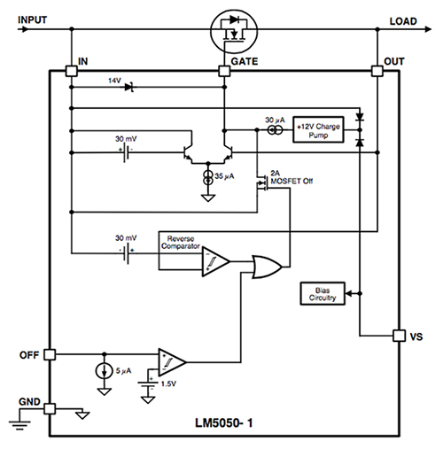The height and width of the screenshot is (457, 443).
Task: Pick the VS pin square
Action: [x=398, y=336]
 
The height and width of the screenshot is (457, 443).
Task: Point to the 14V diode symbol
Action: [x=129, y=87]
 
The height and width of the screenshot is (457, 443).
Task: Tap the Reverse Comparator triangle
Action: [x=214, y=260]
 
